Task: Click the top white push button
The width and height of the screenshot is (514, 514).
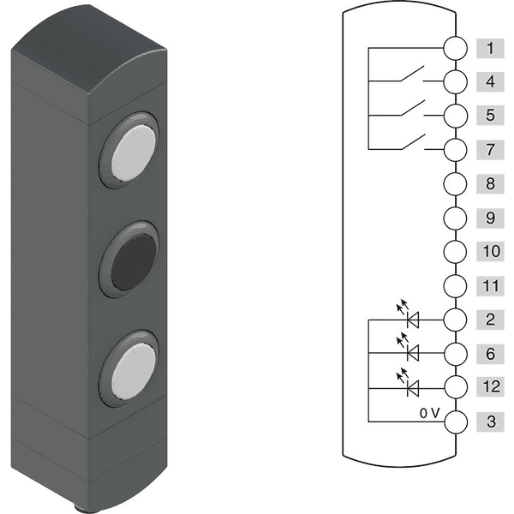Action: pos(132,152)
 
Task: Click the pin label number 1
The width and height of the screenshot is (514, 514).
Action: pos(489,48)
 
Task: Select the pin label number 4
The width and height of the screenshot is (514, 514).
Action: pos(489,82)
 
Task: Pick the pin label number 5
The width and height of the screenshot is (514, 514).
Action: pos(489,116)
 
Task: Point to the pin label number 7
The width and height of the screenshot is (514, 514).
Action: pos(489,150)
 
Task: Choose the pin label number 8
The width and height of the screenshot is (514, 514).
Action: pos(489,183)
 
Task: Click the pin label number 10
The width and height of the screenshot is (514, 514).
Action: pos(489,252)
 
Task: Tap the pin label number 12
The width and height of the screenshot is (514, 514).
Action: pos(489,387)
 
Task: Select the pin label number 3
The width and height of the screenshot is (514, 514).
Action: pos(489,421)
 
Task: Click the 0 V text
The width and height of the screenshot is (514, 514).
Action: pos(429,412)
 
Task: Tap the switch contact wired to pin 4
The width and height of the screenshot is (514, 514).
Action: pos(411,76)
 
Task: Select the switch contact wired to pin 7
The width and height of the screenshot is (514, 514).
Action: pos(411,143)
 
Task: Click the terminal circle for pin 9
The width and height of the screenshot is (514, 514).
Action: pos(456,218)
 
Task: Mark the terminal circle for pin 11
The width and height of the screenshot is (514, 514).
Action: pos(456,285)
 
